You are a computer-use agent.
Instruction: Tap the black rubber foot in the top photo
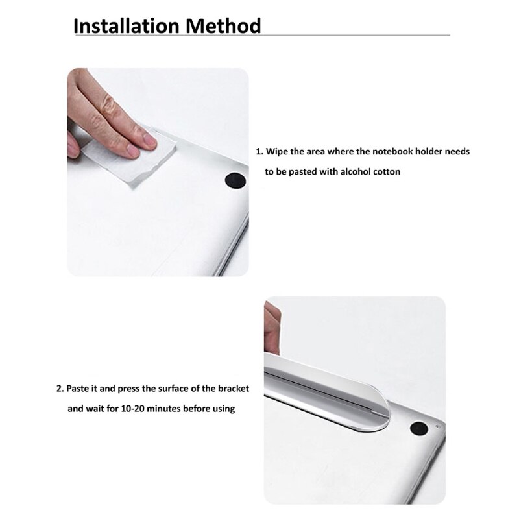pos(235,182)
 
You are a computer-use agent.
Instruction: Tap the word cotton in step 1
pos(387,172)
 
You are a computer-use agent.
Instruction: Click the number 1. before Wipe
pos(259,151)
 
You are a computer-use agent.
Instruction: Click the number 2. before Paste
pos(60,389)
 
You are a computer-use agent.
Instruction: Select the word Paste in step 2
pos(78,389)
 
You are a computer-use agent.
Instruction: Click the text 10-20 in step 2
pos(132,409)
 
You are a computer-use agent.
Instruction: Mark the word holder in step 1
pos(428,151)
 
